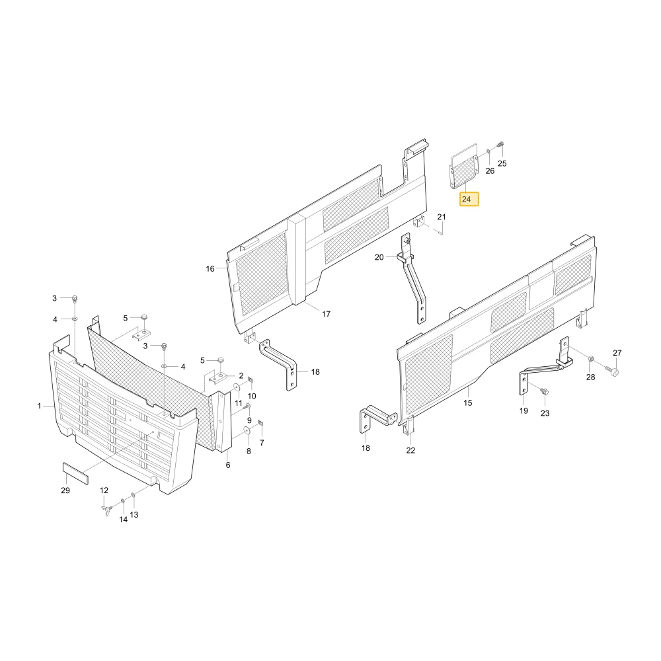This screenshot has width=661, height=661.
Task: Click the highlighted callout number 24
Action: pos(466,199)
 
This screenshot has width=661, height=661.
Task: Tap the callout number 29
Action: pos(65,490)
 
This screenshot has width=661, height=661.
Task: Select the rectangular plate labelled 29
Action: pos(75,474)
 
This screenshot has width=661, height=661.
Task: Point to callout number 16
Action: pos(210,268)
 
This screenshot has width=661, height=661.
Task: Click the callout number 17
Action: pos(327,313)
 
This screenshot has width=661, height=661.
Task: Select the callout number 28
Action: pos(590,377)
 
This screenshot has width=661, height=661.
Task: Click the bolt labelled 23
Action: pos(544,391)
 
